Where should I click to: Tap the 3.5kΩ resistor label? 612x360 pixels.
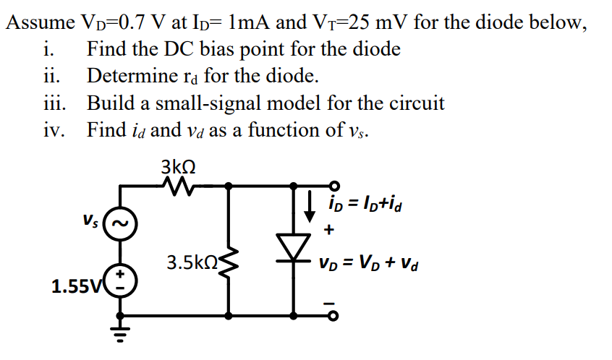click(190, 262)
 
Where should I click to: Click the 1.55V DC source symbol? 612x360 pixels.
click(119, 280)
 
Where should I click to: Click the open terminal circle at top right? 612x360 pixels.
click(334, 185)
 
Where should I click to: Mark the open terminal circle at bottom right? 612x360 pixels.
click(334, 316)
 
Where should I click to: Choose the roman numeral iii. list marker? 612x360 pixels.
click(53, 103)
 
